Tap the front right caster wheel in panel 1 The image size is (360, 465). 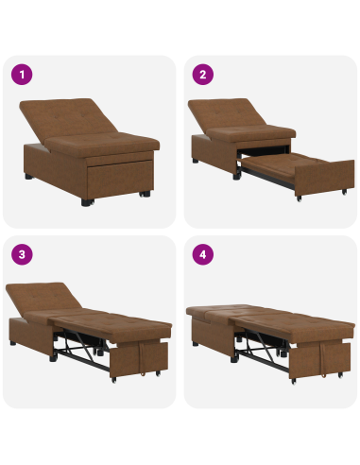[144, 195]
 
